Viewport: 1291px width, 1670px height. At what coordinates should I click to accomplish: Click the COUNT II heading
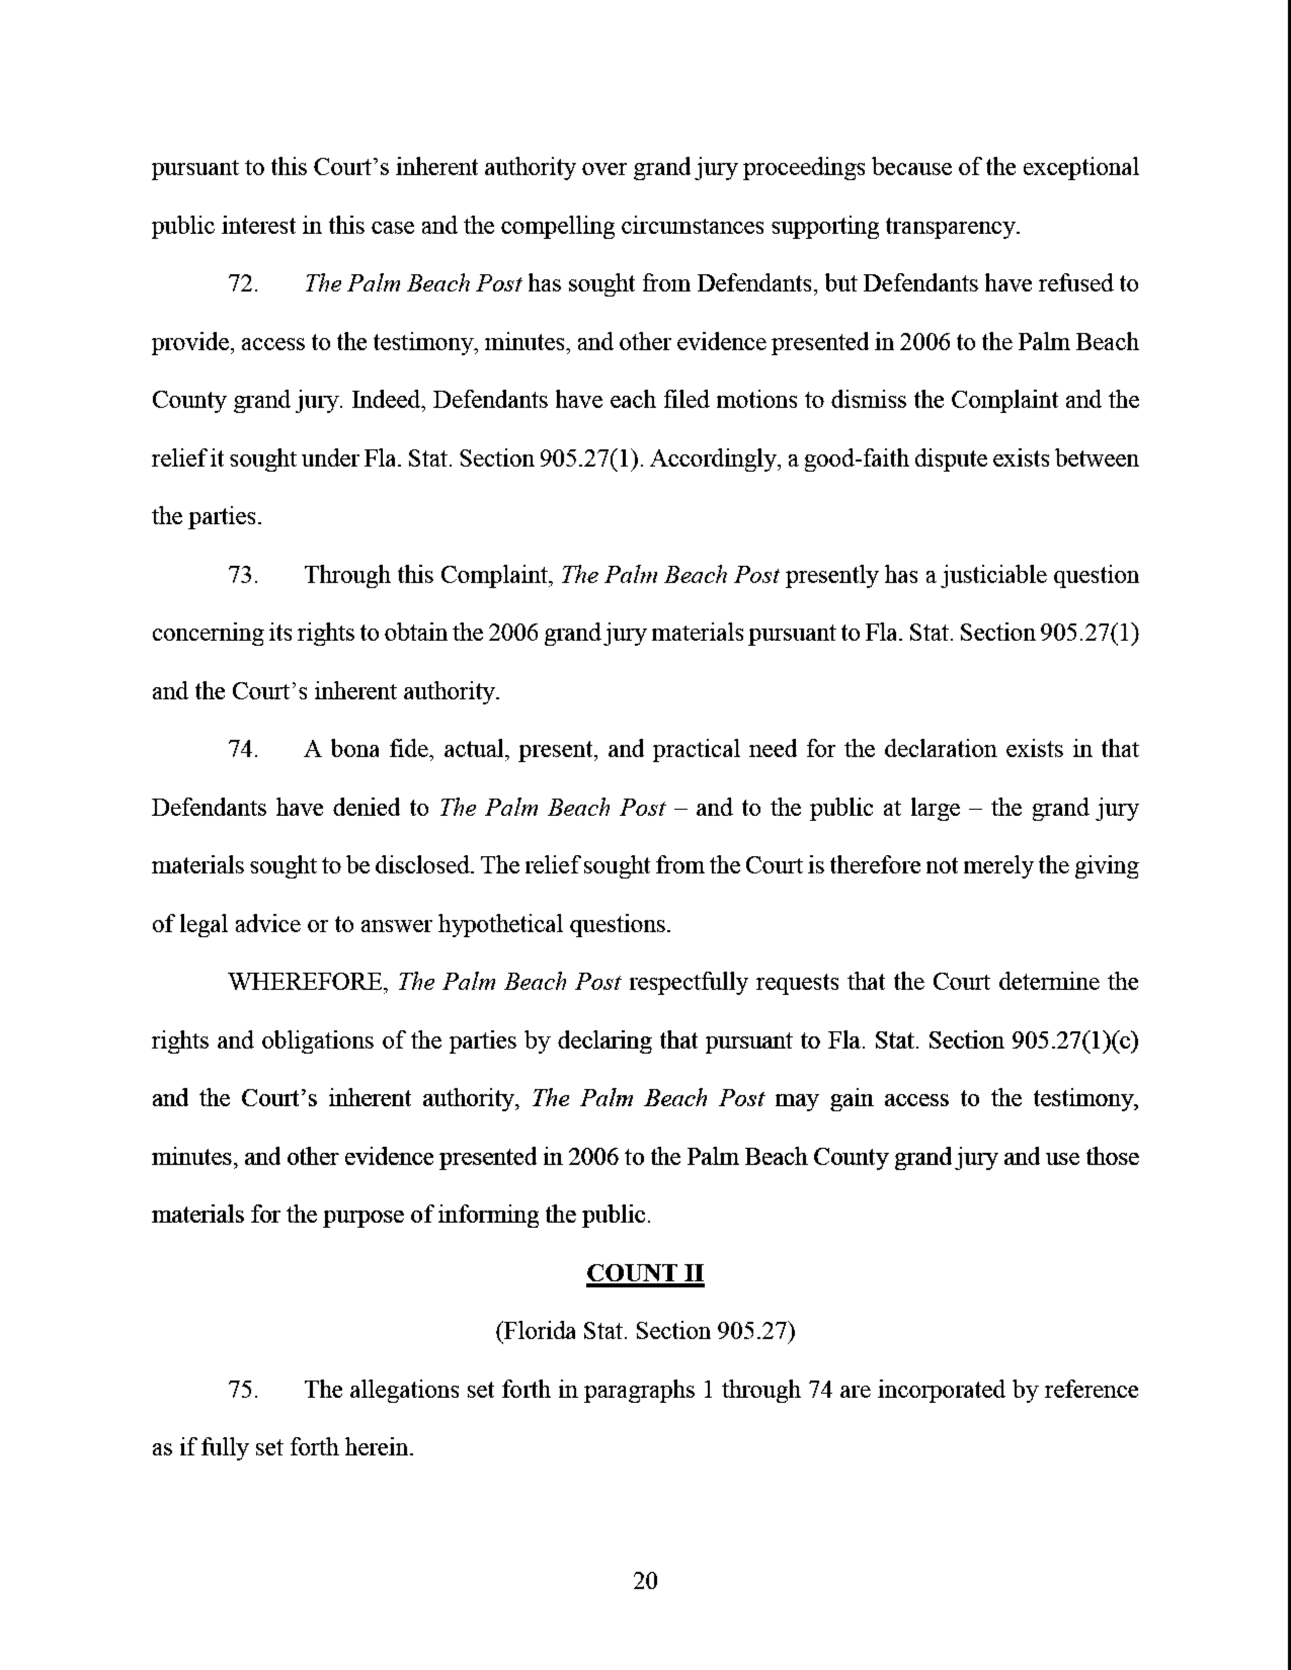click(x=644, y=1273)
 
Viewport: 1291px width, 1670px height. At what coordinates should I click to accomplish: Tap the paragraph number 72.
click(x=243, y=284)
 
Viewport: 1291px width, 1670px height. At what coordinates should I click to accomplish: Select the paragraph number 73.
click(x=243, y=575)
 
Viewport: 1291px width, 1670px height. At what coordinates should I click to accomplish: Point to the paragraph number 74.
click(x=243, y=749)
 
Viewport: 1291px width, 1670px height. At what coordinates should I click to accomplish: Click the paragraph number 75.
click(x=243, y=1389)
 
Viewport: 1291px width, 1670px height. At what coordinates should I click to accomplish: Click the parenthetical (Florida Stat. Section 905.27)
click(x=644, y=1331)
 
